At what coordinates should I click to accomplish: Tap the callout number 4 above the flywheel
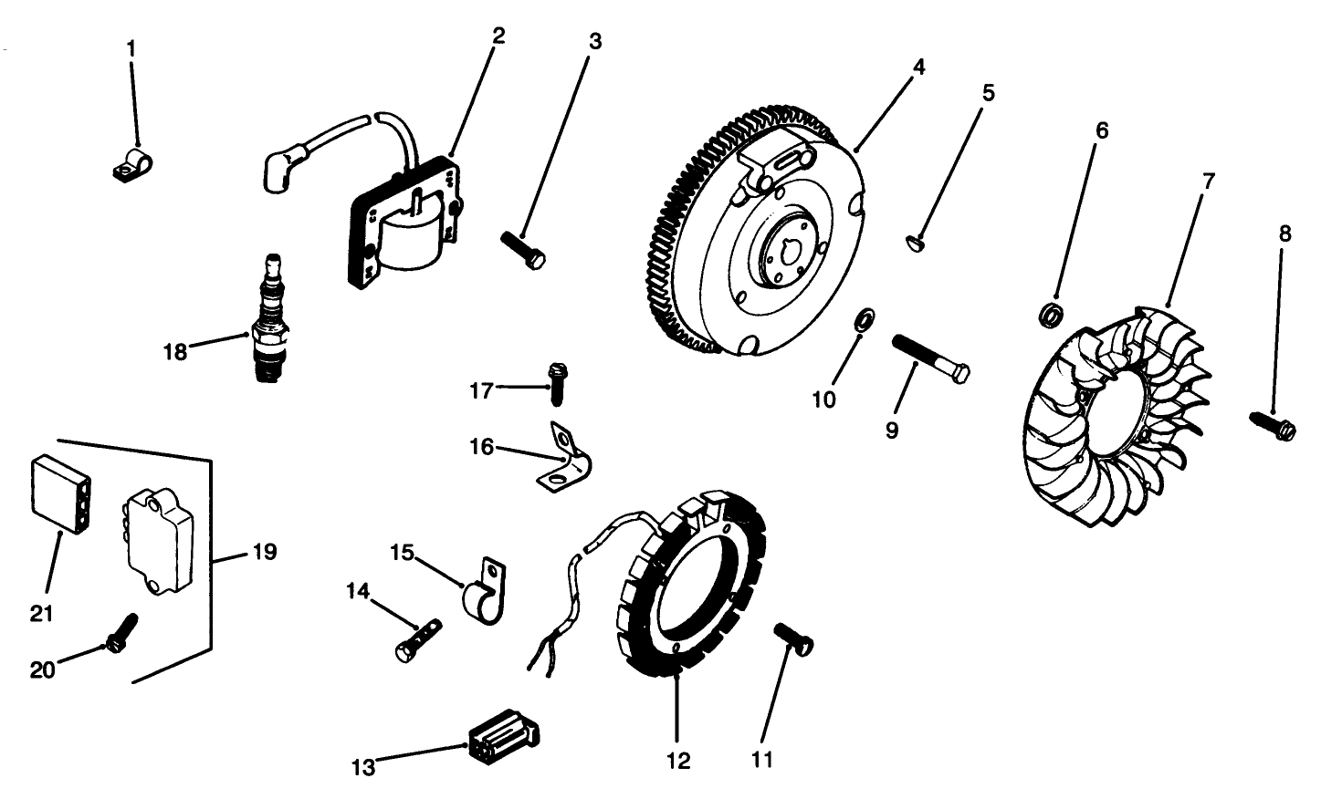tap(918, 67)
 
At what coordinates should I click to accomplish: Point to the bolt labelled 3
tap(525, 248)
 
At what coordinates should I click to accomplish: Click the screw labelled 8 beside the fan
tap(1274, 425)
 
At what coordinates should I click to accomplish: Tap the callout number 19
tap(263, 552)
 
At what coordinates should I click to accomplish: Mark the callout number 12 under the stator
tap(678, 759)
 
